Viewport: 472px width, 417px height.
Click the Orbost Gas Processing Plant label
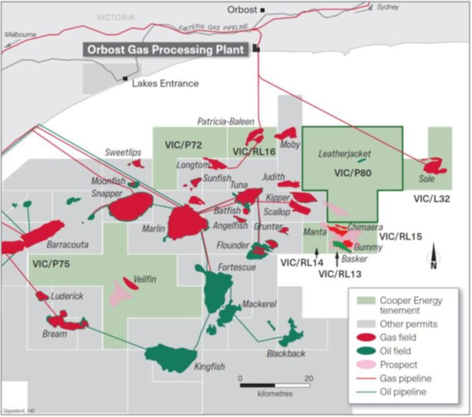167,49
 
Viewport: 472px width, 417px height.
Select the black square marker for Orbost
263,9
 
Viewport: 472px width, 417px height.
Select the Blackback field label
285,353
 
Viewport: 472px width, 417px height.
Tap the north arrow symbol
433,256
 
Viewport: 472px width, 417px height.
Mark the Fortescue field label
238,267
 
